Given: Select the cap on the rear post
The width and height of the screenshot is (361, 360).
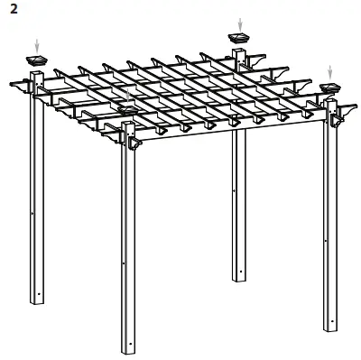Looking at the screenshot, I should coord(240,38).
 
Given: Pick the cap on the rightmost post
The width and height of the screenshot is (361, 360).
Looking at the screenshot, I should coord(330,87).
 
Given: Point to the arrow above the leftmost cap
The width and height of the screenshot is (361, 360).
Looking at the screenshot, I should coord(37,44).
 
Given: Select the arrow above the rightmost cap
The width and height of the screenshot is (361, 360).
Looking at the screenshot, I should coord(330,70).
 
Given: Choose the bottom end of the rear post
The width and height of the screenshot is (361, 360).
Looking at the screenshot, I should coord(239,277).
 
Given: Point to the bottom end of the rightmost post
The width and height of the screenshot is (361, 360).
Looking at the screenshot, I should coord(331,327).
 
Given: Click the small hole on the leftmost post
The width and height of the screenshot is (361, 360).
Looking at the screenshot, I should coord(32,213).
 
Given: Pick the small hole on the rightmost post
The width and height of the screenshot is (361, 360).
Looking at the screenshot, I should coord(326,241).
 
